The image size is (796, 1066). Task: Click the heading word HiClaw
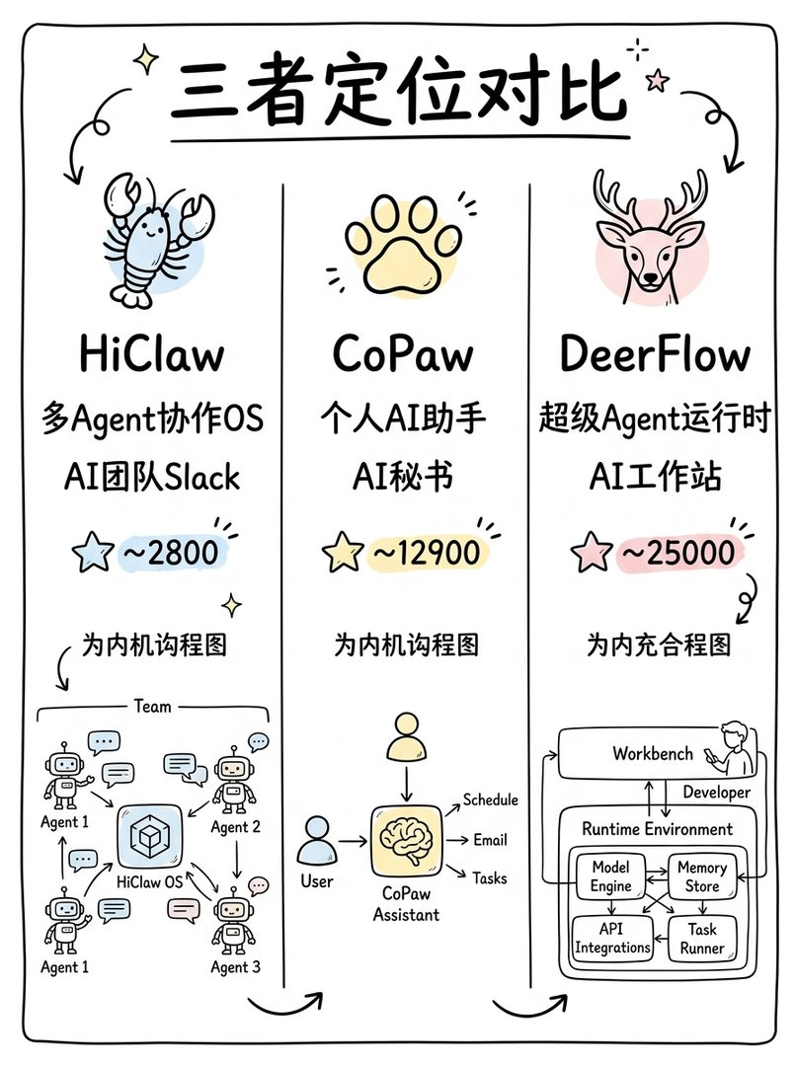click(x=151, y=354)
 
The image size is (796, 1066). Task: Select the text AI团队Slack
click(x=150, y=476)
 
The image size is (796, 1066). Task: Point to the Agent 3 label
click(x=236, y=967)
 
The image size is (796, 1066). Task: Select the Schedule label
click(x=490, y=799)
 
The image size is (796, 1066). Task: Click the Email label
click(x=490, y=840)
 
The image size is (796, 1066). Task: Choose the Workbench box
click(x=652, y=753)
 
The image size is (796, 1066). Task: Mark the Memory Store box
click(x=702, y=876)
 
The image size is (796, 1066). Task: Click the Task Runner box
click(x=702, y=938)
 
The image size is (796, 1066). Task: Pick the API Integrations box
click(x=612, y=938)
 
